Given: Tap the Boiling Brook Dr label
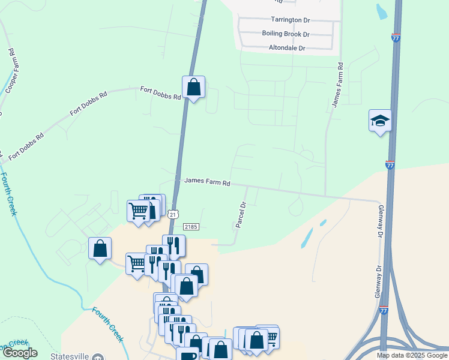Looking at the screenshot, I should tap(285, 34).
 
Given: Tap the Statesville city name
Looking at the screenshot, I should tap(69, 356).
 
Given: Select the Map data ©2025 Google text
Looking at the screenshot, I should tap(411, 355).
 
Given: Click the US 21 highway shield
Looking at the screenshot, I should tap(173, 214).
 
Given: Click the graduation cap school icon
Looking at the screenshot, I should tap(379, 121).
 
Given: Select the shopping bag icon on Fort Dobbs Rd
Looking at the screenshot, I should tap(193, 88).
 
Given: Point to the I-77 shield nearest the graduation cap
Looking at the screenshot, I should tap(390, 164).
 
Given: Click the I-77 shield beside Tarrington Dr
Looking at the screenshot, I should tap(396, 37).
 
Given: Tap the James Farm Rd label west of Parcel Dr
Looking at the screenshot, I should tap(207, 181).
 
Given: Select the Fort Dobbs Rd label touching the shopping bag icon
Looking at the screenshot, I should tap(160, 93).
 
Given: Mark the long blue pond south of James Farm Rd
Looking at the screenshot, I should tap(306, 238).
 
